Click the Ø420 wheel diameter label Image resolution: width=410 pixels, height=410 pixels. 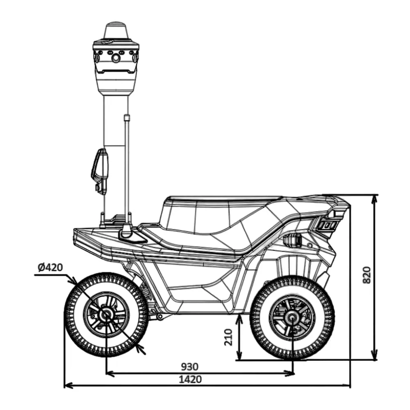pos(50,267)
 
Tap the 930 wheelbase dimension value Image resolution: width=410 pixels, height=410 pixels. pos(190,367)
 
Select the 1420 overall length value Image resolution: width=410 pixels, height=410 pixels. pos(190,379)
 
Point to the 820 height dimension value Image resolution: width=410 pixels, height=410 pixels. pos(367,275)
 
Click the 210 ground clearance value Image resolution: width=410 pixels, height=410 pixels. pos(228,337)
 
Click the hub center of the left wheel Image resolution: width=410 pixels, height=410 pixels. pos(106,314)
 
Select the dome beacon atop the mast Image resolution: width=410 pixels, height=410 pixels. pos(116,31)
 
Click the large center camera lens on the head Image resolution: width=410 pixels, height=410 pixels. pos(116,58)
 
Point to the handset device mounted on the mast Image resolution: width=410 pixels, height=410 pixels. pos(100,171)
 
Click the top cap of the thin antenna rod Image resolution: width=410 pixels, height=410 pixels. pos(127,118)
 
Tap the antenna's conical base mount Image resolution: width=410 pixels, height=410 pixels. pos(127,230)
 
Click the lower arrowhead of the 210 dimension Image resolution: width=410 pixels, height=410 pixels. pos(239,355)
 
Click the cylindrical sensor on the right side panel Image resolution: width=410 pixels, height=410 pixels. pos(292,239)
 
